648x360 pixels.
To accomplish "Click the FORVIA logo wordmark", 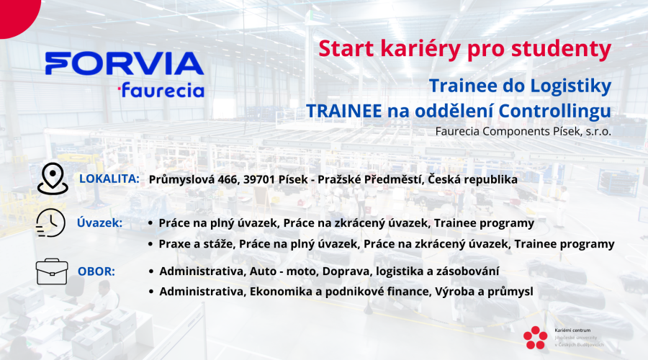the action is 125,63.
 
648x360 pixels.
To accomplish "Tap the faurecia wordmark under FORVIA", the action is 161,90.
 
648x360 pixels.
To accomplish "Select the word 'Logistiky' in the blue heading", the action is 571,86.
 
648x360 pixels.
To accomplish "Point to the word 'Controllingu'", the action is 554,111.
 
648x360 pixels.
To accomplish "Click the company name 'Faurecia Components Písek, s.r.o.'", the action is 523,132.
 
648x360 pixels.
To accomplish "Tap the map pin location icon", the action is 53,179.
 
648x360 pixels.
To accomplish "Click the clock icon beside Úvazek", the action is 50,223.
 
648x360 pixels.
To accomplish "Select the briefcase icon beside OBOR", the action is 52,271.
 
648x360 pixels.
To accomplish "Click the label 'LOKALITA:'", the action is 109,179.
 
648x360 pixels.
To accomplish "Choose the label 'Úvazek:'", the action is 99,223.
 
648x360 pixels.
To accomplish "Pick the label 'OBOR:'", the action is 96,271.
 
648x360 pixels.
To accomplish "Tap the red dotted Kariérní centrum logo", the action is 535,338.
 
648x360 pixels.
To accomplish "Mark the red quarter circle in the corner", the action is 17,16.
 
